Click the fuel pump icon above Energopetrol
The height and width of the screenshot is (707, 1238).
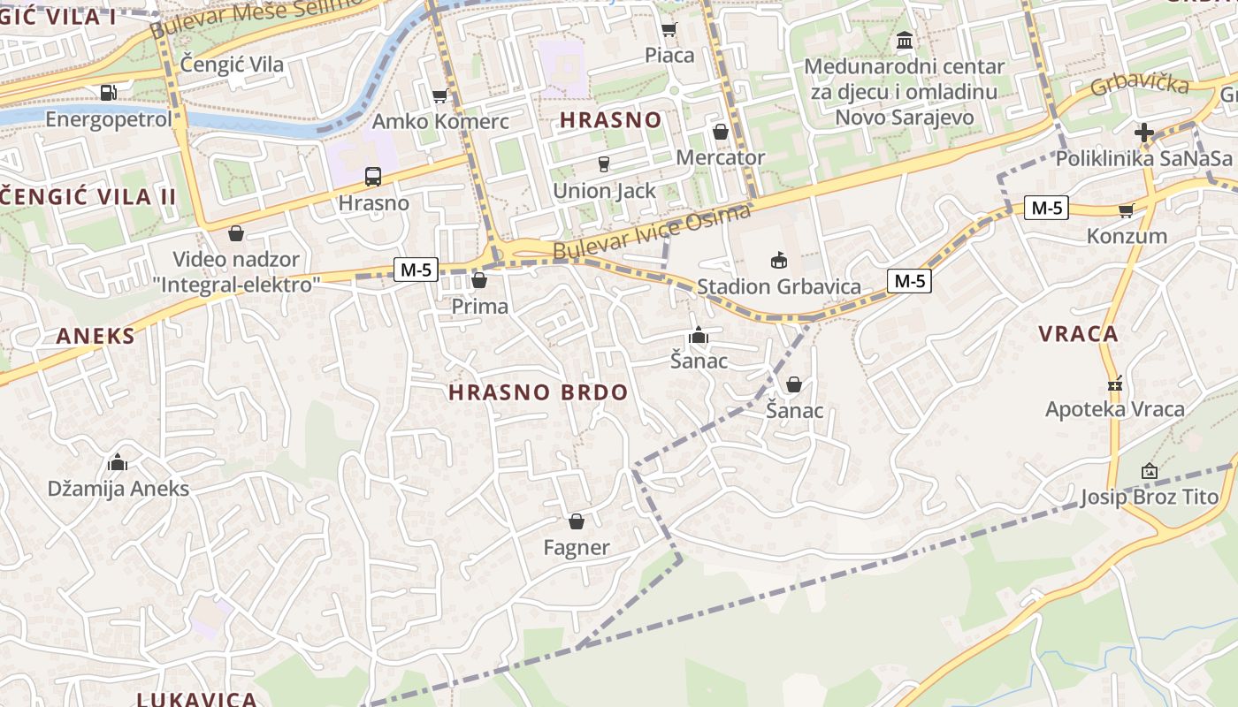pos(108,91)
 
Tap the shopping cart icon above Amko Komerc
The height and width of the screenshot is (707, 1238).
pos(439,95)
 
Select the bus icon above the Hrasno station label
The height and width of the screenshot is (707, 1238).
pos(373,177)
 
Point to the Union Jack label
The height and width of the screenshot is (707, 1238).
pos(604,191)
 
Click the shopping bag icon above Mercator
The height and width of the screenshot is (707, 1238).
pos(721,132)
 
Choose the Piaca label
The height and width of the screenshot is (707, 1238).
pos(669,55)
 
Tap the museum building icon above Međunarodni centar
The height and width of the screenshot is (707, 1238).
pos(905,41)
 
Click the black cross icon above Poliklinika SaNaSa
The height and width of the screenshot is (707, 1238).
pos(1144,133)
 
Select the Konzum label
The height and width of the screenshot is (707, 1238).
pos(1127,236)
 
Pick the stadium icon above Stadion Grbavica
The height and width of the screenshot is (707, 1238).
pos(778,260)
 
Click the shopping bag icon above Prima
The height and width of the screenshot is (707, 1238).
pos(479,281)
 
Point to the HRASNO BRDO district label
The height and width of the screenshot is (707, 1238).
pos(538,392)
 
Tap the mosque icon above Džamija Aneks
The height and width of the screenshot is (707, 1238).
pos(118,462)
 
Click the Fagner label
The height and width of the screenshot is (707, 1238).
pos(577,548)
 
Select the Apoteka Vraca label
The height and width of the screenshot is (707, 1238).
pos(1114,409)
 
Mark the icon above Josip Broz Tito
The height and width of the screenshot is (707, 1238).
pos(1150,471)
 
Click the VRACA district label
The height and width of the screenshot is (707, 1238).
pos(1078,334)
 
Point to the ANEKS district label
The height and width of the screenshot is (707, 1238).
pos(96,336)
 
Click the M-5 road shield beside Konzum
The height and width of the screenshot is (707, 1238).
pos(1047,209)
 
